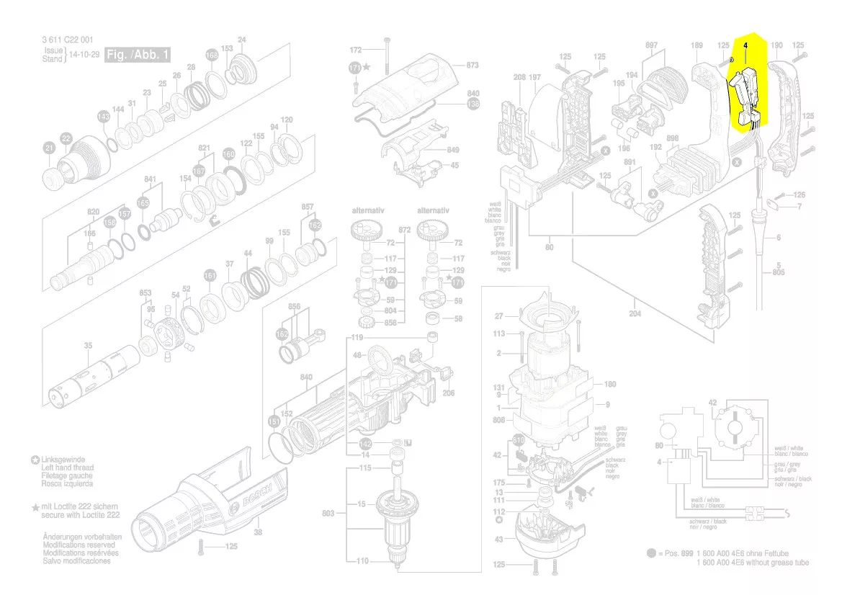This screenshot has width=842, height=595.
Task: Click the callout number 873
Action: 472,66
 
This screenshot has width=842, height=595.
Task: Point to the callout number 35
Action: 87,346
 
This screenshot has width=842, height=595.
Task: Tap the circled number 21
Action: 50,148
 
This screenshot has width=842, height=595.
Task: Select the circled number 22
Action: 66,138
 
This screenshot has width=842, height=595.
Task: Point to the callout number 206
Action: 448,393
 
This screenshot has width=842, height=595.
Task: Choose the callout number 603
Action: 328,513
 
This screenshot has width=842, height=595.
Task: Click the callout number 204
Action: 635,313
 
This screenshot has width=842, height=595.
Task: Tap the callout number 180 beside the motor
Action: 610,384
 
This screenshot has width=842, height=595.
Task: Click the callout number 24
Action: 242,40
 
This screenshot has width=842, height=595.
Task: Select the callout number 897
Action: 652,45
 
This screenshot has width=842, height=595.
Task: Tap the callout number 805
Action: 779,273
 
